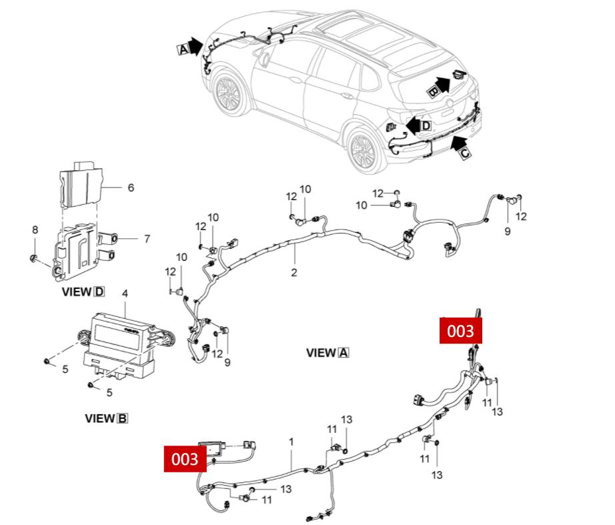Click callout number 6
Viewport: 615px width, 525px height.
tap(130, 188)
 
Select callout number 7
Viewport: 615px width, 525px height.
tap(147, 238)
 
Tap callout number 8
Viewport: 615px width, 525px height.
tap(35, 230)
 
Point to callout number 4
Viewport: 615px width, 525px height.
tap(125, 294)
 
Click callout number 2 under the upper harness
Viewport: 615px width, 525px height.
tap(293, 272)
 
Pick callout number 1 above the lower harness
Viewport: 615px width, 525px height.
tap(291, 442)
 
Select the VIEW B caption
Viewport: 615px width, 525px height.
tap(106, 418)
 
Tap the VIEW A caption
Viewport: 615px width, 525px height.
tap(328, 353)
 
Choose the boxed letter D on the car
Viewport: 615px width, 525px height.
tap(426, 125)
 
